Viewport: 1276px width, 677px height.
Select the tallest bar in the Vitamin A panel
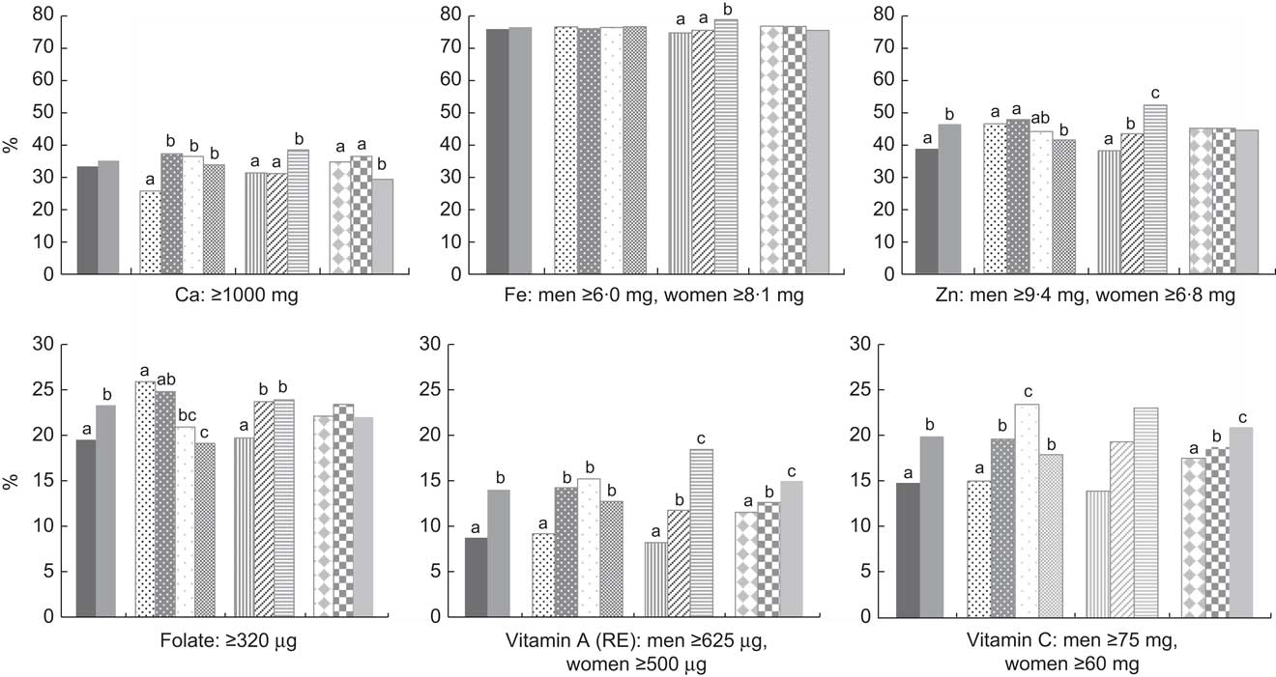[702, 532]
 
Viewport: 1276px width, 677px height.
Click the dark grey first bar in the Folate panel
[87, 527]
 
